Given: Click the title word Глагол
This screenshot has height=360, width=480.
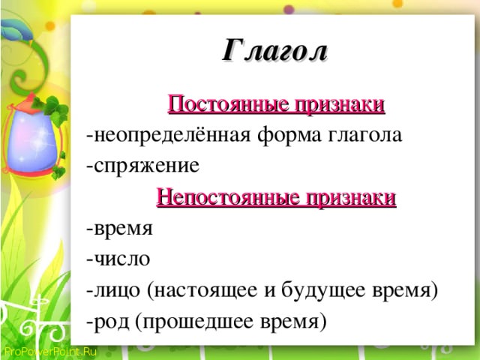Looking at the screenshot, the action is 274,50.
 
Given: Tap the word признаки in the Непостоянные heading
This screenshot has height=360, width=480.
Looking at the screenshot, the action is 351,198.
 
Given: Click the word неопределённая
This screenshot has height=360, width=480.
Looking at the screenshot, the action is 172,135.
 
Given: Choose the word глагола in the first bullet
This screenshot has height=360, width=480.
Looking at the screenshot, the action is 364,135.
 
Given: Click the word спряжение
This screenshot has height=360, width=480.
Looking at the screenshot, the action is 147,166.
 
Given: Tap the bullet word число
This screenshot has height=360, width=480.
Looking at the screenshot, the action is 121,259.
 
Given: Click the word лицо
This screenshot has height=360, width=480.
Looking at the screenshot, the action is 117,290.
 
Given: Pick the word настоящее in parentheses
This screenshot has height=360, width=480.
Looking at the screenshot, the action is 205,291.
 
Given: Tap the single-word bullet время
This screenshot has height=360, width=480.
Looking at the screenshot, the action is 123,229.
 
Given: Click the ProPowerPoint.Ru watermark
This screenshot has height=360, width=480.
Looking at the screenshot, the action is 50,351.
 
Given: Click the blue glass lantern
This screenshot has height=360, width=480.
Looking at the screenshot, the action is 33,135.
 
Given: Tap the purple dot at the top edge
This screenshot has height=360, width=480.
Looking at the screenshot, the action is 289,10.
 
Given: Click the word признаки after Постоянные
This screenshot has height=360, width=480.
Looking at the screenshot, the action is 340,105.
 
